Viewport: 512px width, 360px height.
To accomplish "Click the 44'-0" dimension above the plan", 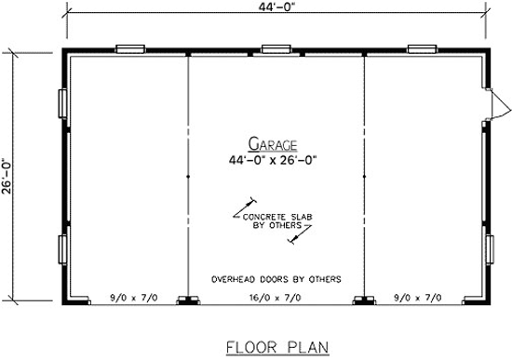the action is [x=277, y=7].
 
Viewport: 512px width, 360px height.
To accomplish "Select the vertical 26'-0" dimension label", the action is [x=7, y=176].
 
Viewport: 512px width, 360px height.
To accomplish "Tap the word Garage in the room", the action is [x=273, y=144].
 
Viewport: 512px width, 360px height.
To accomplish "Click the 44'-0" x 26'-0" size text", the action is [x=273, y=160].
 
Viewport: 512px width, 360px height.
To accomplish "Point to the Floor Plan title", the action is [x=277, y=347].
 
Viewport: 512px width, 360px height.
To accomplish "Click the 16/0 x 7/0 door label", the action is [x=276, y=298].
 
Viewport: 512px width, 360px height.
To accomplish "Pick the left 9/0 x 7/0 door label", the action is [x=134, y=298].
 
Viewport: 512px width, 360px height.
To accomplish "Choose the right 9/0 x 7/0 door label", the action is [x=418, y=298].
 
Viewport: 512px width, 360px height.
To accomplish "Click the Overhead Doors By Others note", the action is [x=276, y=279].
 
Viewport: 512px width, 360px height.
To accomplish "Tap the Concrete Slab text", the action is [x=277, y=217].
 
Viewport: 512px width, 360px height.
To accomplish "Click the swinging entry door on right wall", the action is [x=496, y=104].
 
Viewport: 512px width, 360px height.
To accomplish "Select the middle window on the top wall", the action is [x=276, y=49].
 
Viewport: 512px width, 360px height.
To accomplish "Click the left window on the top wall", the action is [x=130, y=49].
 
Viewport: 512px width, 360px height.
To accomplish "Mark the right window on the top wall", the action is [x=422, y=49].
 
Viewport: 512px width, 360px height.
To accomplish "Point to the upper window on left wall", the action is [x=62, y=103].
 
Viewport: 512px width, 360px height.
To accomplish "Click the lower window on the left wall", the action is [x=62, y=249].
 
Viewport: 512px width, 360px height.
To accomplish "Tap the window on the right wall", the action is [x=490, y=249].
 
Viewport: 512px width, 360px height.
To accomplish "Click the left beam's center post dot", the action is [x=188, y=177].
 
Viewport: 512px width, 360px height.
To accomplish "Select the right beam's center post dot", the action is [x=364, y=177].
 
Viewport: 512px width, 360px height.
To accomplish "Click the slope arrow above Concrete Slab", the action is [x=245, y=207].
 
